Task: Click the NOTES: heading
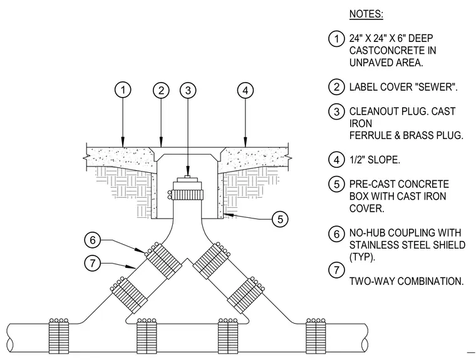[x=366, y=14]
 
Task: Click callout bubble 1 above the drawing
[x=123, y=90]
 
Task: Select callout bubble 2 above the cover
[x=161, y=90]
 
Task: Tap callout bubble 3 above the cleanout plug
[x=188, y=90]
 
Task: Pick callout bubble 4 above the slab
[x=246, y=90]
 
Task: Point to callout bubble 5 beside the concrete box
[x=280, y=219]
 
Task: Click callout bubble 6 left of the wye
[x=93, y=240]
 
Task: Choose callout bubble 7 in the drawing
[x=93, y=263]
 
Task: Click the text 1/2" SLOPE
[x=375, y=160]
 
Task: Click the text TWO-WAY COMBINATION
[x=406, y=281]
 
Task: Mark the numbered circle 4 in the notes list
[x=336, y=160]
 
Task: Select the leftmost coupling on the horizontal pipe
[x=59, y=336]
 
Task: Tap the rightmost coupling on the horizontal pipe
[x=316, y=336]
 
